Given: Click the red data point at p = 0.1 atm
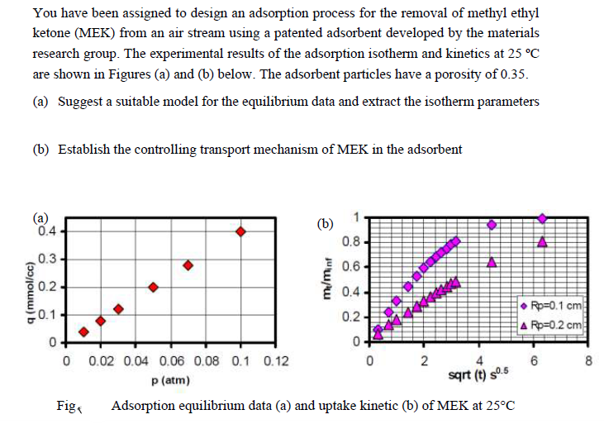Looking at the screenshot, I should [240, 231].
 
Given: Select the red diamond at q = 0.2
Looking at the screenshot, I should [153, 287].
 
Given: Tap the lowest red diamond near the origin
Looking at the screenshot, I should [83, 331].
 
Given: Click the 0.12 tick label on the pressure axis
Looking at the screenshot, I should [276, 361].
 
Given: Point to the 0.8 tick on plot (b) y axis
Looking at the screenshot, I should [351, 242].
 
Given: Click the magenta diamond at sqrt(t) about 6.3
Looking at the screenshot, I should [542, 218].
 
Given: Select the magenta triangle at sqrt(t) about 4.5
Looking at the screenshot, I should [492, 263].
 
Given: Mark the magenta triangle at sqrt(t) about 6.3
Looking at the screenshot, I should [542, 242].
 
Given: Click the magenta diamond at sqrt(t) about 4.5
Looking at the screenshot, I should [492, 225].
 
